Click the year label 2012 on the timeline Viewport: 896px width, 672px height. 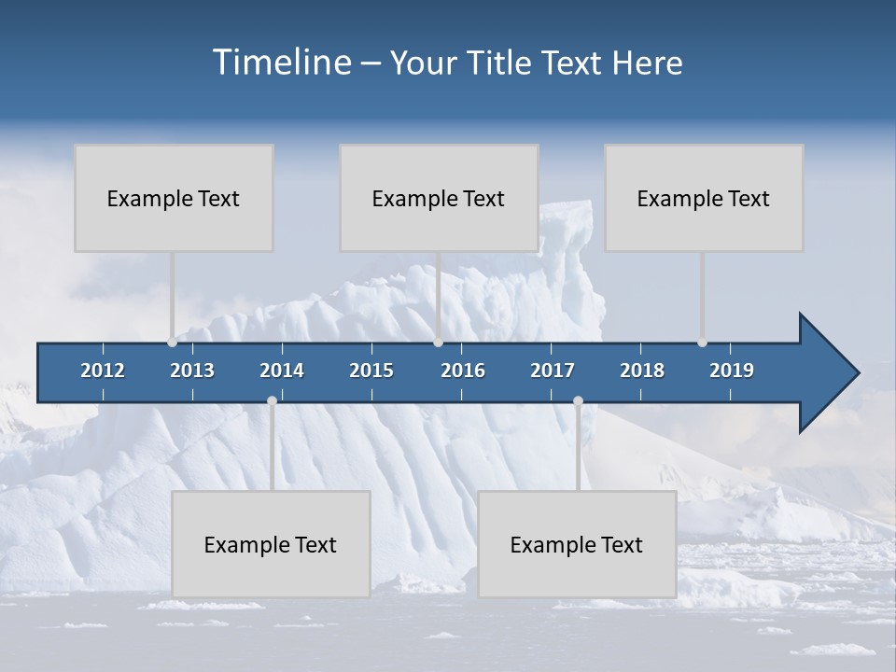click(103, 371)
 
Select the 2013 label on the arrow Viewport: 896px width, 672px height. click(192, 371)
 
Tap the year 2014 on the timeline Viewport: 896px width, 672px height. click(282, 371)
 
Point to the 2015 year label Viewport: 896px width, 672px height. click(371, 371)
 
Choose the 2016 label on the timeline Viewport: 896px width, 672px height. click(463, 371)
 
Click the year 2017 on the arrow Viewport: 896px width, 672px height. click(553, 371)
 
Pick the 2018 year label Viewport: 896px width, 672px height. click(642, 371)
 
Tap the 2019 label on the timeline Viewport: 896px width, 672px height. click(732, 371)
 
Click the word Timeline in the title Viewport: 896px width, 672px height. click(280, 63)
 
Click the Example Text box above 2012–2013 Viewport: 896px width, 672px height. click(174, 198)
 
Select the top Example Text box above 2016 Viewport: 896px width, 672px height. click(439, 198)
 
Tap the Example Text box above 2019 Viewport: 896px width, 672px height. click(704, 198)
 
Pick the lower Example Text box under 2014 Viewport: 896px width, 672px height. click(271, 544)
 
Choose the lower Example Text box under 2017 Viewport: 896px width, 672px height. click(577, 544)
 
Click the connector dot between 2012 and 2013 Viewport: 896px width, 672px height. click(172, 343)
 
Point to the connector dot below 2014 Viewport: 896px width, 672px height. click(272, 400)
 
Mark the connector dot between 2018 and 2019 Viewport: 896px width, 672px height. click(702, 343)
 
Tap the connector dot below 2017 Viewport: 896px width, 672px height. click(578, 400)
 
